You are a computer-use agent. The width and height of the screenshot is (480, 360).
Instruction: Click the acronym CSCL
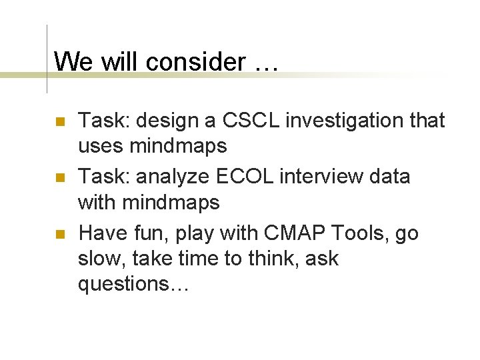[x=241, y=121]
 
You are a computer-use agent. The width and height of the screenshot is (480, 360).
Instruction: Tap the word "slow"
[x=101, y=259]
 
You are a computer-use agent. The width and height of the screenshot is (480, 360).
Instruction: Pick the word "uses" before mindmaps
[x=101, y=145]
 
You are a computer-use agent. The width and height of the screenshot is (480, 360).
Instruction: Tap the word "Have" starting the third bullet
[x=101, y=233]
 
